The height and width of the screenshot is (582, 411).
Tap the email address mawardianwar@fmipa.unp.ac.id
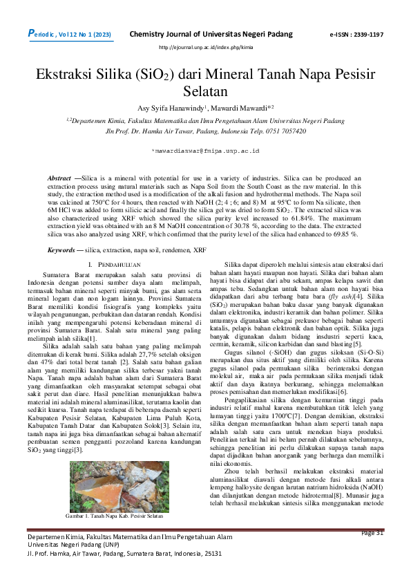coord(205,149)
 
